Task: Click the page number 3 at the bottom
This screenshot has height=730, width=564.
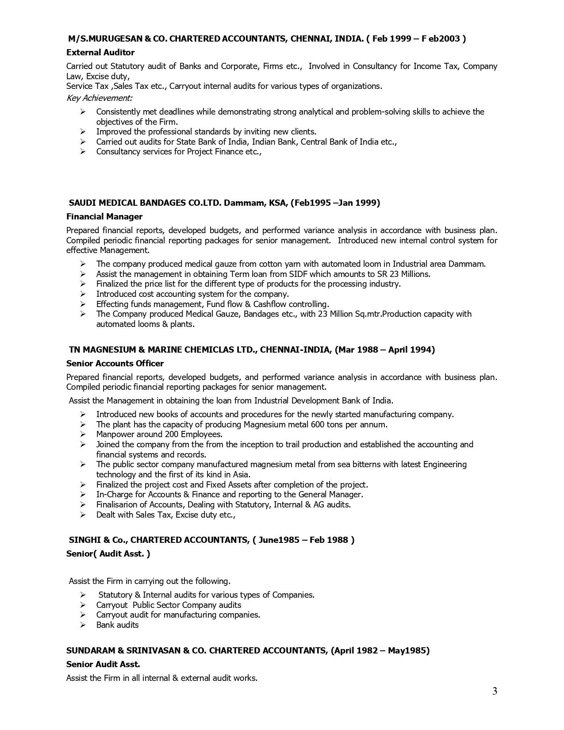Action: point(495,691)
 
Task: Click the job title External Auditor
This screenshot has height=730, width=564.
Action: point(100,53)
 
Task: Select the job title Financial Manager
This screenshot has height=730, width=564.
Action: point(104,217)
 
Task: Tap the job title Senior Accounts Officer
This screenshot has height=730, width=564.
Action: point(115,364)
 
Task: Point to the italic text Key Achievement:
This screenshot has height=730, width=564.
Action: point(99,97)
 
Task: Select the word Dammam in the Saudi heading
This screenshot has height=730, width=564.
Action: point(240,203)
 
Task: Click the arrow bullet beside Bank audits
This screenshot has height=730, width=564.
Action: point(83,625)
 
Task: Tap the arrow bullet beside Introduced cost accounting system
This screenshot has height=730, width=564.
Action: point(83,294)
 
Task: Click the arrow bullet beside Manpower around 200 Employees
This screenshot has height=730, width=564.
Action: point(83,434)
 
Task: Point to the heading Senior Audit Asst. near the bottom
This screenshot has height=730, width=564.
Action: point(103,665)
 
